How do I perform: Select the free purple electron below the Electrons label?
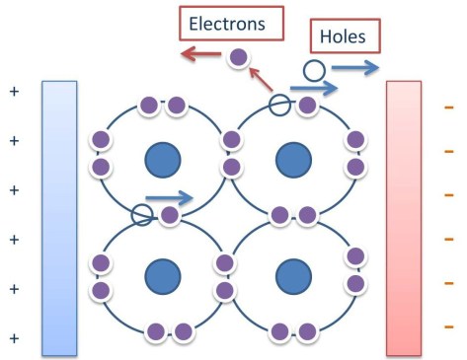(x=238, y=58)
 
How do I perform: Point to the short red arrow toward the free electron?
(x=260, y=79)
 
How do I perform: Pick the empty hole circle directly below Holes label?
(x=313, y=70)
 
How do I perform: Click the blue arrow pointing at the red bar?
(x=353, y=68)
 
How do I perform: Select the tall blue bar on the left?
(x=59, y=218)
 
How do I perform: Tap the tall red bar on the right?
(x=403, y=218)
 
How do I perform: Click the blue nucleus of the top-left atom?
(x=161, y=159)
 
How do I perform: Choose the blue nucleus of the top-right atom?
(x=289, y=159)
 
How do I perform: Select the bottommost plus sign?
(x=14, y=337)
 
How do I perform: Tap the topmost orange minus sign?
(x=449, y=106)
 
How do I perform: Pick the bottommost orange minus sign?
(x=449, y=325)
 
